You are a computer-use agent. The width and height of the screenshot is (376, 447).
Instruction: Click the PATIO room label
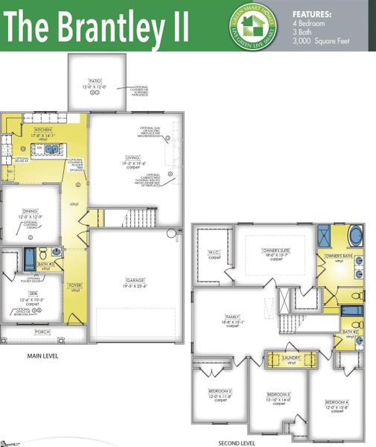pos(95,80)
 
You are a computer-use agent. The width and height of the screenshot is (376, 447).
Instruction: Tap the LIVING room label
pos(133,157)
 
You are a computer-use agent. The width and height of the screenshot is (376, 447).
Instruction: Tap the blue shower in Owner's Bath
pos(326,237)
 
